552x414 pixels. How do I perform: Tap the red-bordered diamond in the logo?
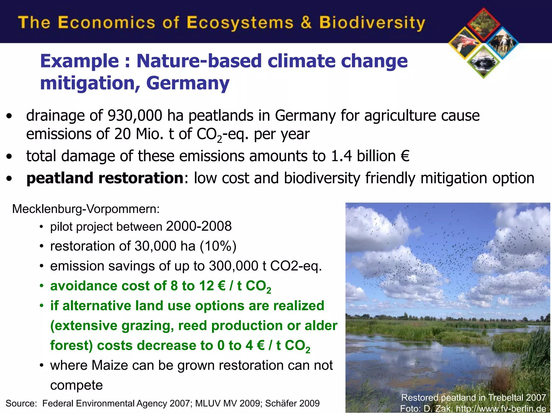tap(484, 24)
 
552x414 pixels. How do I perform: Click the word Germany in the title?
tap(188, 83)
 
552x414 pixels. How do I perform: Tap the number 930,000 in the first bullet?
tap(135, 116)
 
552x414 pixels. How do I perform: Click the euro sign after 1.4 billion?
tap(405, 156)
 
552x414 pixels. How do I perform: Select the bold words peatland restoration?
tap(105, 178)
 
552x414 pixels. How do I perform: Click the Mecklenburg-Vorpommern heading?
tap(86, 209)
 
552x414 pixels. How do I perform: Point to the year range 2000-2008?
tap(199, 226)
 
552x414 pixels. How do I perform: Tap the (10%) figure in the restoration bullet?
tap(218, 246)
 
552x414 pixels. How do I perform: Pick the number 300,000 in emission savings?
tap(234, 266)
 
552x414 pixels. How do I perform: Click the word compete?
tap(77, 385)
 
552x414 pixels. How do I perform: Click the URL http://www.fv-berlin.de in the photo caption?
tap(501, 409)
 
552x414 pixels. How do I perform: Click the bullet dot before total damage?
tap(9, 156)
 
